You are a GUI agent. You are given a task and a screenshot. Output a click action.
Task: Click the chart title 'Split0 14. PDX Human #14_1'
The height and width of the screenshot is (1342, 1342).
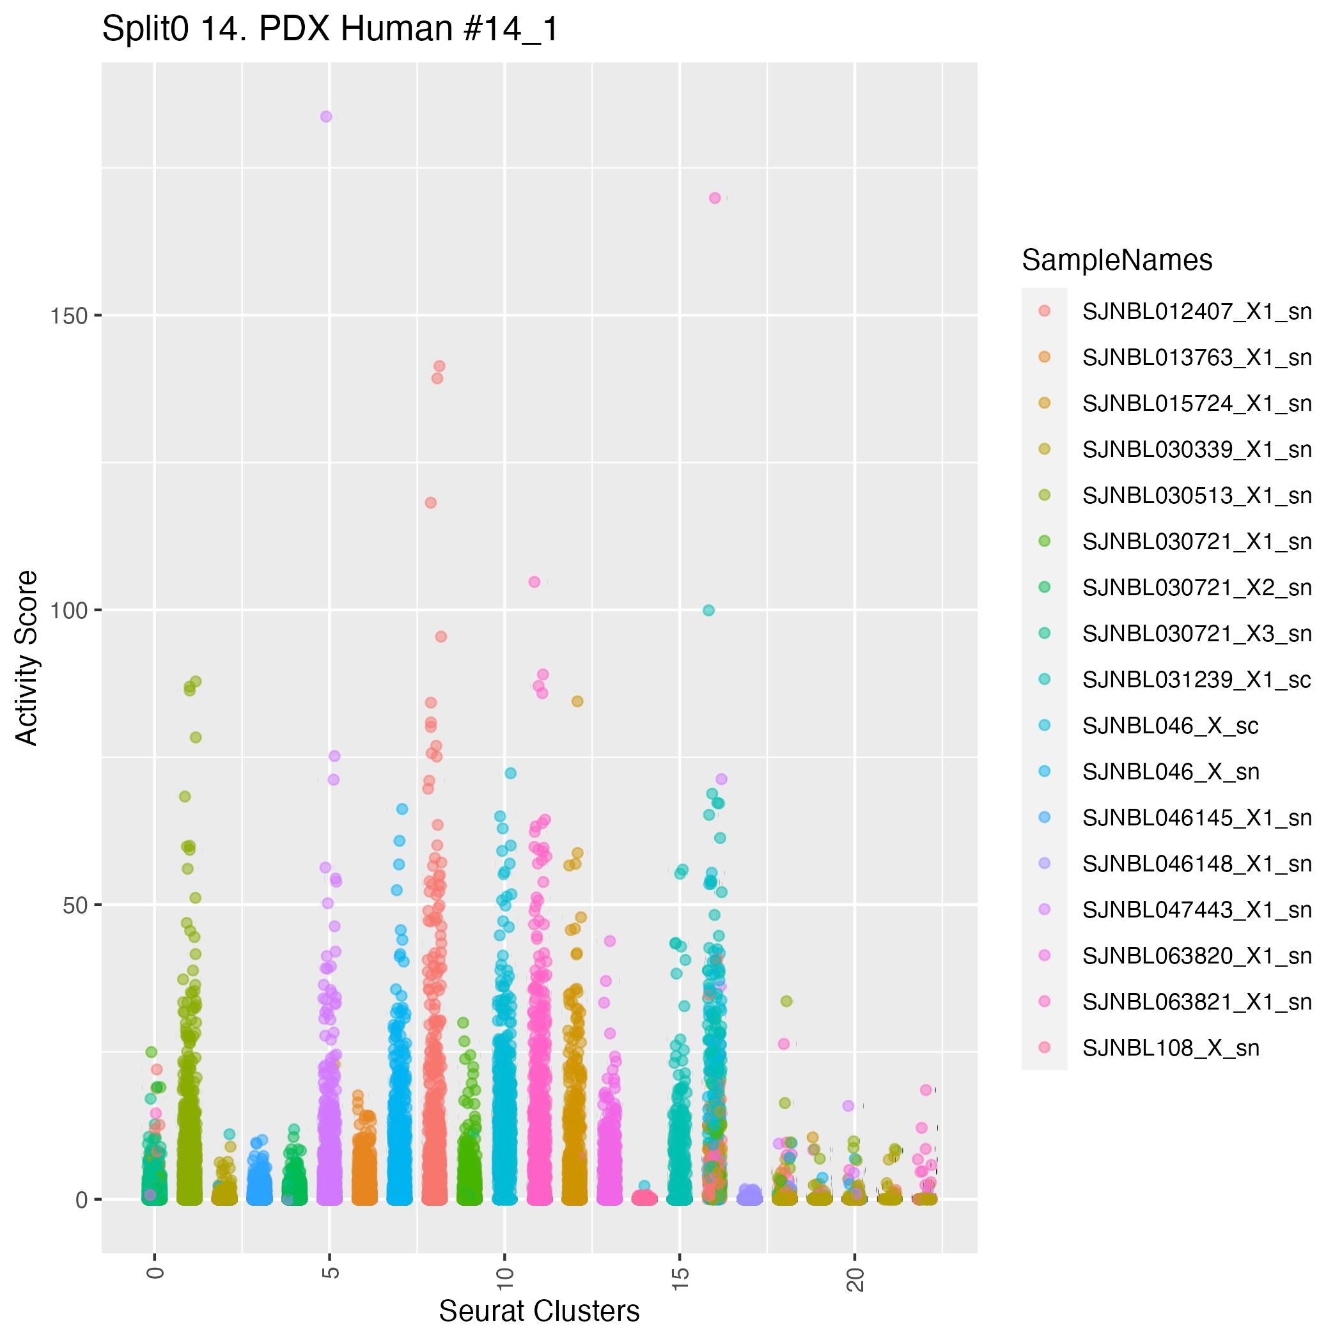point(330,30)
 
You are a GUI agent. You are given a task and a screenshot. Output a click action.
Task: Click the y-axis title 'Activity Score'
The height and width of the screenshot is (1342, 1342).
point(27,657)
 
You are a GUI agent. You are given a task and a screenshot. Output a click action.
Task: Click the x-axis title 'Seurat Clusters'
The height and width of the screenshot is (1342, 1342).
point(539,1311)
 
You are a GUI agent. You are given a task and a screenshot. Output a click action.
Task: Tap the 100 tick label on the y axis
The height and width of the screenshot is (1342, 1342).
point(70,611)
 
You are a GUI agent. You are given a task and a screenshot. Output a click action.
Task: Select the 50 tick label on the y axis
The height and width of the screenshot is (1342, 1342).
point(74,905)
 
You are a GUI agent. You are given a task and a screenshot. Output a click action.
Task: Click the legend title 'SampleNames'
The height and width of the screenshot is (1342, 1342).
point(1117,260)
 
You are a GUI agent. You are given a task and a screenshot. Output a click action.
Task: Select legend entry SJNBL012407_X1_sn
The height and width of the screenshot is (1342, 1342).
point(1197,312)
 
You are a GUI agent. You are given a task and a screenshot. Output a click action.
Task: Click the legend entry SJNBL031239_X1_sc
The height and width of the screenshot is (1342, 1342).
point(1197,680)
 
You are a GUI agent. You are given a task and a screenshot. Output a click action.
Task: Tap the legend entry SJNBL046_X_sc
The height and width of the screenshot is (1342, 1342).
point(1171,726)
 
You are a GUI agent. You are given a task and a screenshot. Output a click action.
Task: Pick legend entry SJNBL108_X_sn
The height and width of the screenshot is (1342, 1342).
point(1171,1047)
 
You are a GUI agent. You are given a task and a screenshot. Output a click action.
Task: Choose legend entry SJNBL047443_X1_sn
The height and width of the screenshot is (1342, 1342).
point(1197,910)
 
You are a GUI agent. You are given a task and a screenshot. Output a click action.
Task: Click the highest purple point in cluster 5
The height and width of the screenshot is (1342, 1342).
point(326,117)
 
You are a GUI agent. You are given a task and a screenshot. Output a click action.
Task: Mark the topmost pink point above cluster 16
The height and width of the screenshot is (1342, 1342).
point(715,198)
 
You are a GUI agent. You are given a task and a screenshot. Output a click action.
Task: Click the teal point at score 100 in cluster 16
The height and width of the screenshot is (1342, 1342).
point(708,611)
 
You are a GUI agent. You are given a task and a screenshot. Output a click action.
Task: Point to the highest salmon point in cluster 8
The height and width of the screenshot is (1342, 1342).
point(439,366)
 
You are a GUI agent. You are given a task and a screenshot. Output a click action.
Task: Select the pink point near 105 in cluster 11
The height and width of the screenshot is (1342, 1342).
point(534,582)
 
